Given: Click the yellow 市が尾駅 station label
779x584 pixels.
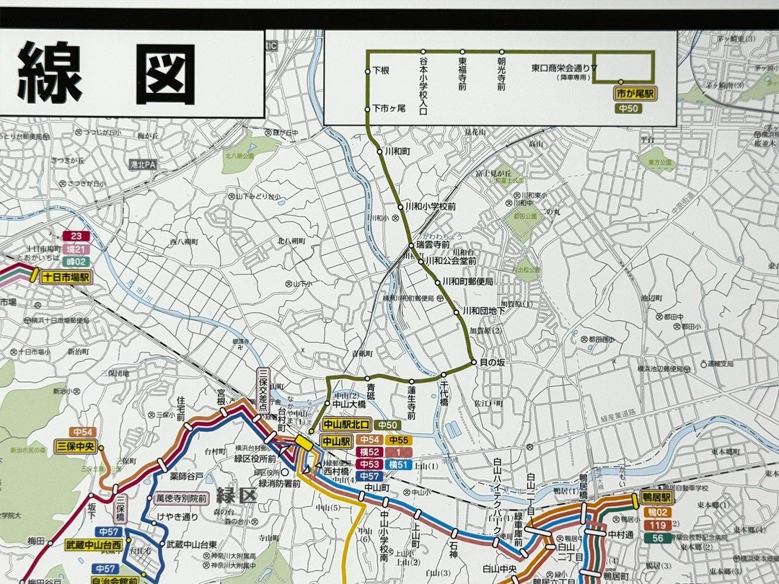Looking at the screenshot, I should pos(634,94).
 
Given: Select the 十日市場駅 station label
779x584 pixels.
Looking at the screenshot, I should pos(66,276).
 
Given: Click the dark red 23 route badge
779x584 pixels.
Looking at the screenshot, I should pos(76,236).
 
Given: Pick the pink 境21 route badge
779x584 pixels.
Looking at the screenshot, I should pos(76,249).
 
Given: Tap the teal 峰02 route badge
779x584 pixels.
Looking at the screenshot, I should pos(76,261).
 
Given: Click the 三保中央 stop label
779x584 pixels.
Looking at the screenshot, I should pos(76,446).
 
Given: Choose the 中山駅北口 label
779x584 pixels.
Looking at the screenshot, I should pos(347,425).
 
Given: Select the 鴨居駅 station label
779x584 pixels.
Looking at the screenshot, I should pos(656,498).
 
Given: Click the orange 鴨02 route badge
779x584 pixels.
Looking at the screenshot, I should pos(656,512).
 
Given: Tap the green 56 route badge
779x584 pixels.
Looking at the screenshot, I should pos(656,538).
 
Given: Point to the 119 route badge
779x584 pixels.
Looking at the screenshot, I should pos(656,525).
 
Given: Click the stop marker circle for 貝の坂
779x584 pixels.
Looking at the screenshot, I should pos(474,361).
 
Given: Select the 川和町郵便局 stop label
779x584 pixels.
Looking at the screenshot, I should pos(467,282).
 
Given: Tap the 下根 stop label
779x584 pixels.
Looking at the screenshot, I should pos(381,71).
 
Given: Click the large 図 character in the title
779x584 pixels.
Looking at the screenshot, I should pos(165,74).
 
